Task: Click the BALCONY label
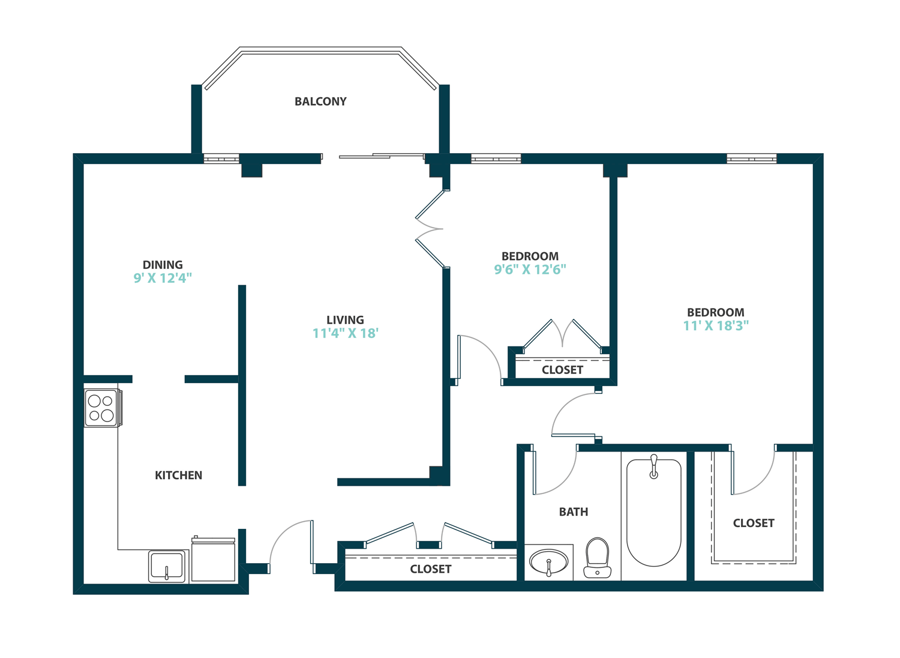click(320, 101)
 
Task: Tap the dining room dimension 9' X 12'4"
click(163, 278)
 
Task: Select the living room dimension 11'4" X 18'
click(345, 333)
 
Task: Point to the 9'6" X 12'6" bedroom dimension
click(530, 270)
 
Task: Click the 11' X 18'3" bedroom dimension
click(716, 325)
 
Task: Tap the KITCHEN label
click(178, 475)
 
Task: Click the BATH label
click(573, 512)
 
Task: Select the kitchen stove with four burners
click(101, 408)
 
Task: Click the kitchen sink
click(167, 567)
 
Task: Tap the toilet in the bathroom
click(597, 558)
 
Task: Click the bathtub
click(653, 513)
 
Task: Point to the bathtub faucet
click(654, 467)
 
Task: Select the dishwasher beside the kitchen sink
click(213, 560)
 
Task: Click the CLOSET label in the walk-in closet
click(754, 523)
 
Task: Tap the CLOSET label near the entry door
click(430, 569)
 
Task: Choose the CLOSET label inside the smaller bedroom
click(562, 370)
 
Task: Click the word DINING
click(163, 265)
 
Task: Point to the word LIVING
click(345, 320)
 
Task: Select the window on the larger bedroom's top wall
click(752, 158)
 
